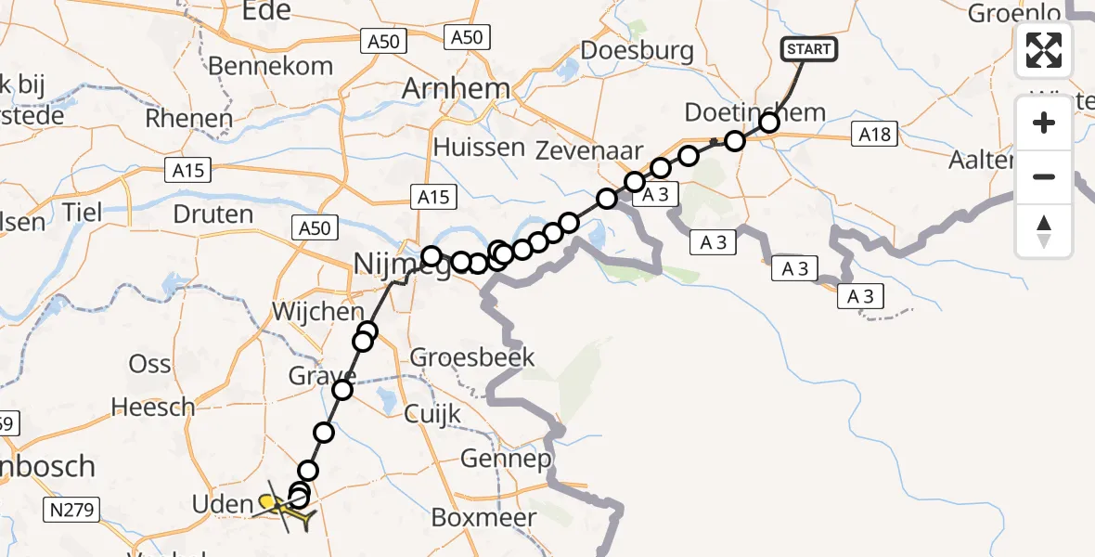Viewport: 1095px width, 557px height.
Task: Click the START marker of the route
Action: click(809, 49)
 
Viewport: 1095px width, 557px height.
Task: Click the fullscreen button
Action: click(1044, 49)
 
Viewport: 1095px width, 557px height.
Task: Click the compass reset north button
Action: click(1044, 231)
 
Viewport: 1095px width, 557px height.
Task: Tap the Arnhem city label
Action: click(457, 89)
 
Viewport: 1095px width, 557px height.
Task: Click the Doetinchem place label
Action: click(754, 113)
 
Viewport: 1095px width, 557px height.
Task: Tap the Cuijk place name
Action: click(432, 413)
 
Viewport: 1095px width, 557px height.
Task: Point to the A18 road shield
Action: click(874, 136)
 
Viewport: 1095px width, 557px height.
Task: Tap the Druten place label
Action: click(213, 214)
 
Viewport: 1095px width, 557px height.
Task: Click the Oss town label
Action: click(149, 363)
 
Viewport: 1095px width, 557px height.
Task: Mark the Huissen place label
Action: click(478, 147)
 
